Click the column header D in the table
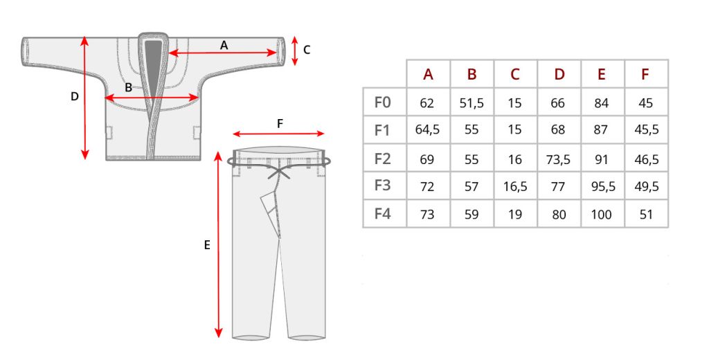pyautogui.click(x=559, y=74)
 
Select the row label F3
pyautogui.click(x=382, y=186)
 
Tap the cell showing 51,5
pyautogui.click(x=472, y=104)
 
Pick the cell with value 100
pyautogui.click(x=602, y=215)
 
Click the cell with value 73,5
pyautogui.click(x=559, y=160)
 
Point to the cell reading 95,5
pyautogui.click(x=603, y=187)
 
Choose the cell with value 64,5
pyautogui.click(x=427, y=130)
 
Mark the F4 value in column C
pyautogui.click(x=514, y=215)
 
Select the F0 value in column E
pyautogui.click(x=602, y=104)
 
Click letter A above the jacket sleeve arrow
pyautogui.click(x=224, y=45)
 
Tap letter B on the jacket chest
pyautogui.click(x=128, y=87)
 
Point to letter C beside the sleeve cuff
pyautogui.click(x=307, y=50)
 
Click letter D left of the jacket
pyautogui.click(x=75, y=96)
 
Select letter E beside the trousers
pyautogui.click(x=207, y=245)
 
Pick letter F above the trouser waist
pyautogui.click(x=280, y=123)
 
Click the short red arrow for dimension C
pyautogui.click(x=295, y=51)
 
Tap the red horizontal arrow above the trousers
pyautogui.click(x=278, y=134)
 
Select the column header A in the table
pyautogui.click(x=428, y=74)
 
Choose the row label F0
pyautogui.click(x=382, y=102)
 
